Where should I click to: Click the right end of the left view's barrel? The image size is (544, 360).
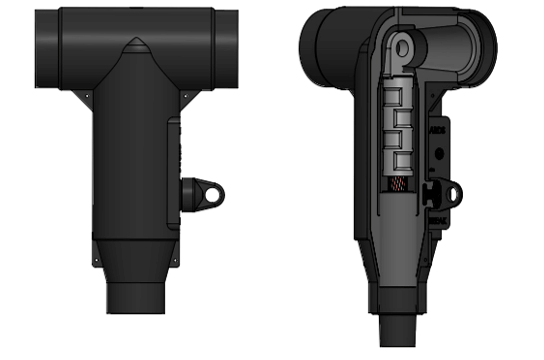click(x=232, y=47)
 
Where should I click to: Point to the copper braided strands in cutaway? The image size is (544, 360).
click(x=397, y=191)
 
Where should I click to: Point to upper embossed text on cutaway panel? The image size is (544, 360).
click(x=438, y=130)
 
